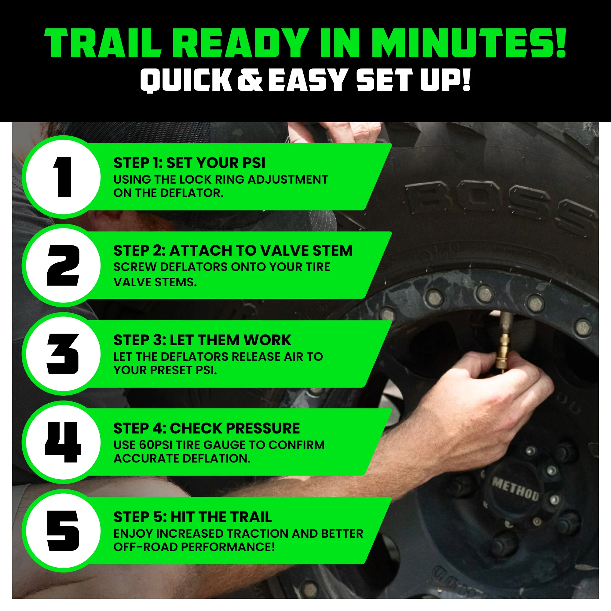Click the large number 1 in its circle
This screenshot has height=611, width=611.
coord(63,177)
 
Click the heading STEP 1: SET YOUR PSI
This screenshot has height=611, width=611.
coord(189,163)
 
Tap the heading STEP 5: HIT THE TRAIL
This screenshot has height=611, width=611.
coord(192,517)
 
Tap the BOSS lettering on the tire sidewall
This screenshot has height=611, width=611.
coord(500,206)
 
